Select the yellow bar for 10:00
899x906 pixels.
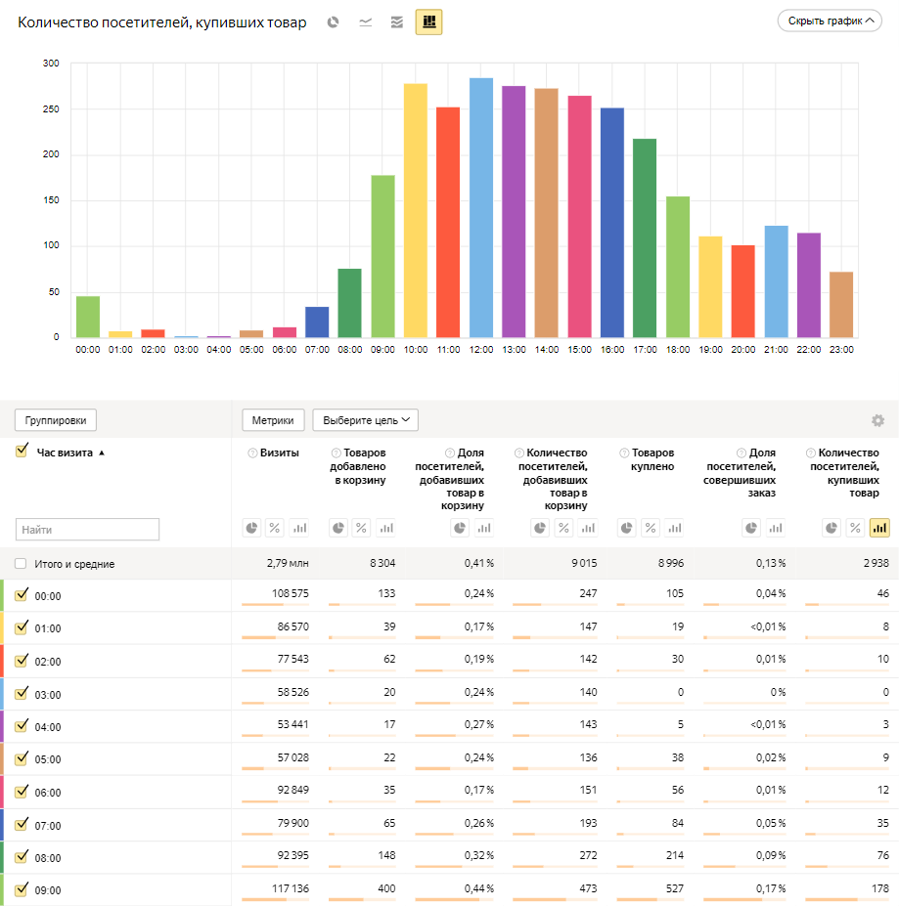pos(416,210)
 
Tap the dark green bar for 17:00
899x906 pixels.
pos(645,238)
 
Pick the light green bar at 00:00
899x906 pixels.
pos(88,317)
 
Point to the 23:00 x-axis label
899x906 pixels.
pos(841,350)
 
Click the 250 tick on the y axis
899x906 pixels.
pos(51,109)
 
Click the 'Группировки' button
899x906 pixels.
pos(56,420)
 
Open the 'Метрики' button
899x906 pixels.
pos(274,420)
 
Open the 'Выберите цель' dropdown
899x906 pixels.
pos(365,420)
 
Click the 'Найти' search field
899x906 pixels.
pos(87,530)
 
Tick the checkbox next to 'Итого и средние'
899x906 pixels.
pos(21,564)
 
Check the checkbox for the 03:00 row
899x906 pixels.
pos(22,693)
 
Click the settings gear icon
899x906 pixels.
pos(877,420)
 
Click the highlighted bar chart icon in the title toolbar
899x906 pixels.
pos(428,22)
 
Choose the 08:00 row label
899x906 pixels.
pos(48,858)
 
